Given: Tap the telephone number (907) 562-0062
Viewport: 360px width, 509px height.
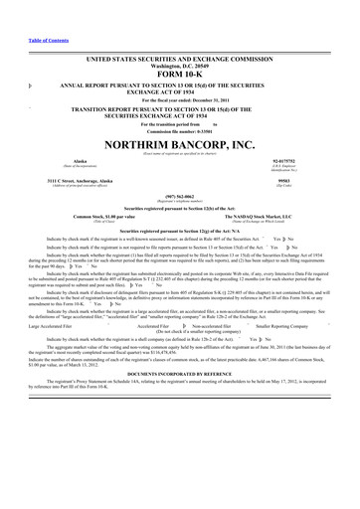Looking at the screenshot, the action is point(179,196).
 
